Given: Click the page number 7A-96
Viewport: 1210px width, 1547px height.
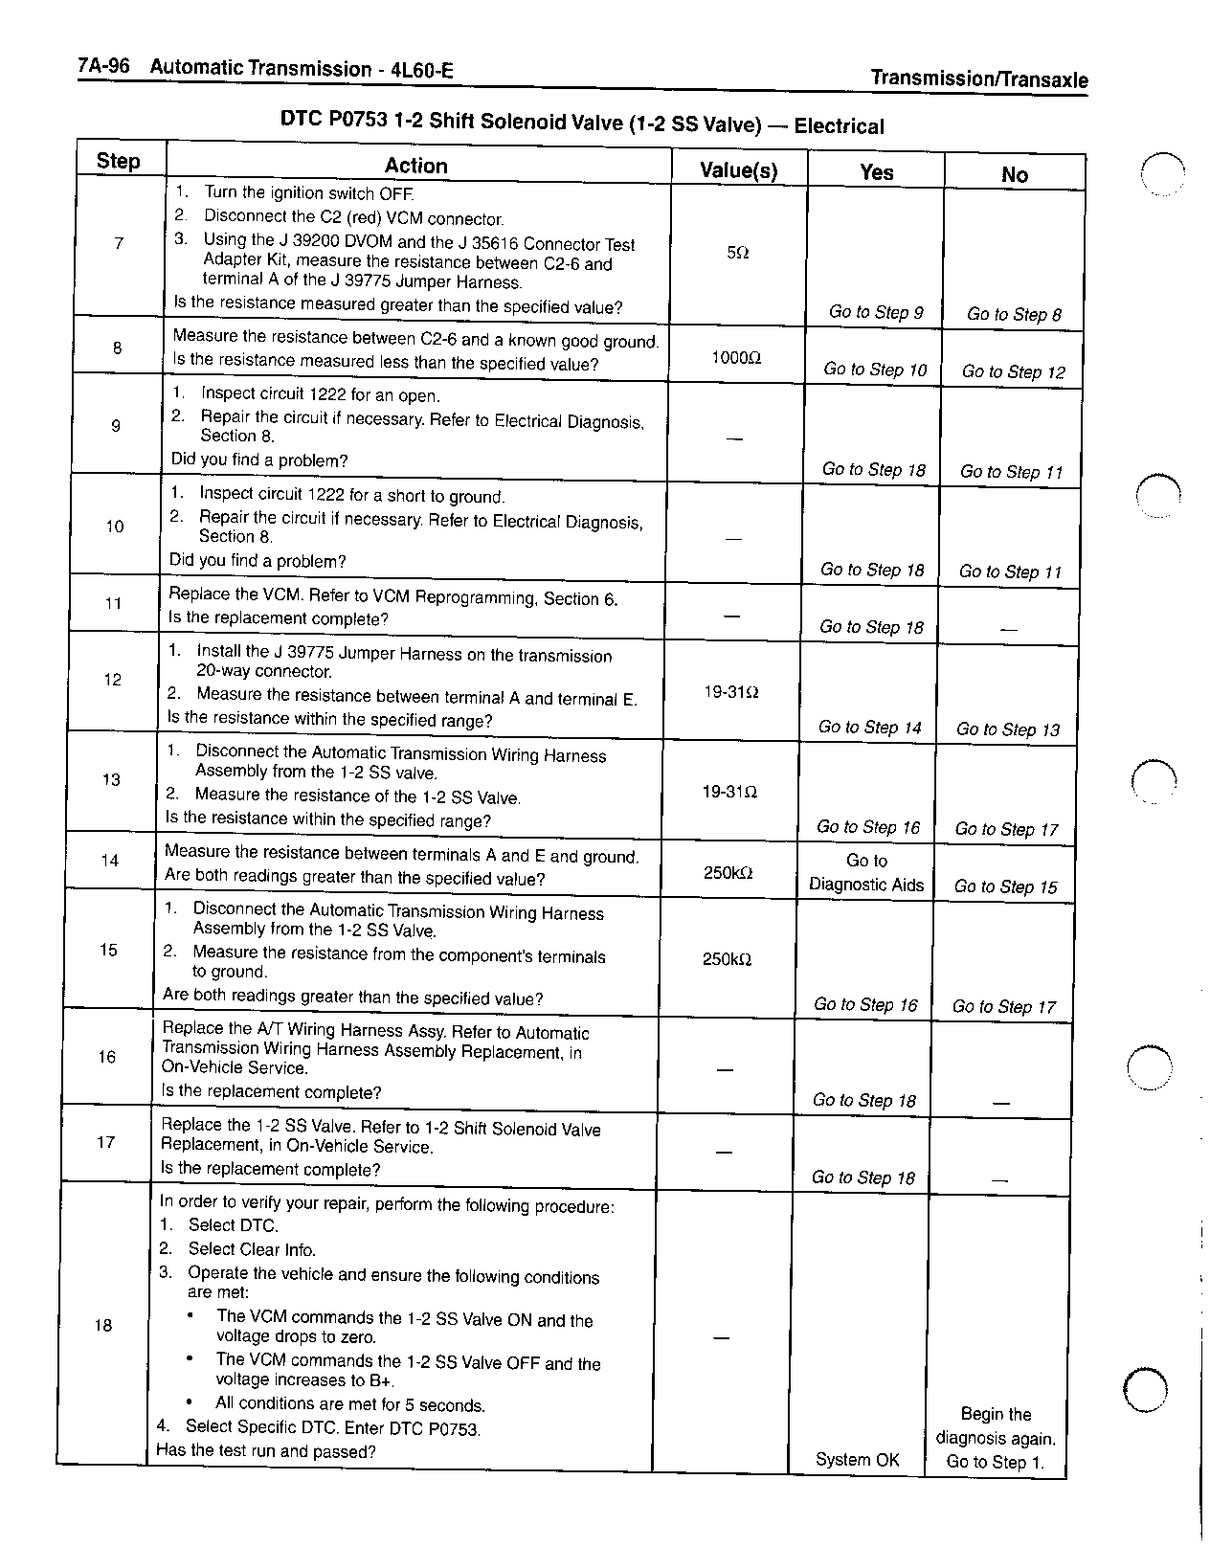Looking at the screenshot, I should coord(104,66).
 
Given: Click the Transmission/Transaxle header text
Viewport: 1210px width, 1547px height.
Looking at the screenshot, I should coord(978,79).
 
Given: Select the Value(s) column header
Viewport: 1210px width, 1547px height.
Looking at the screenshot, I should coord(738,171).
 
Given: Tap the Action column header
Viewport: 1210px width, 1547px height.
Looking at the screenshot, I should coord(415,166).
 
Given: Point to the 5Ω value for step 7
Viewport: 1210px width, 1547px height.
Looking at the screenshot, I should coord(737,253).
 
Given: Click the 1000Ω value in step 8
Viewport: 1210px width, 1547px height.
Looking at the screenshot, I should coord(735,357).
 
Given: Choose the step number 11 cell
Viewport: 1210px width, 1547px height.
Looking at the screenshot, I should coord(113,603).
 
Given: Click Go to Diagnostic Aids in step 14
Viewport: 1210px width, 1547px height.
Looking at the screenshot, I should coord(866,872).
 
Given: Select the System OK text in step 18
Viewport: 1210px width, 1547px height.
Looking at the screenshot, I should coord(857,1460).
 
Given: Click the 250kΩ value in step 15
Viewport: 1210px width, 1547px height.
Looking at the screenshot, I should coord(727,959).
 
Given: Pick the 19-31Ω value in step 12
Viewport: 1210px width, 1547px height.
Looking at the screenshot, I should coord(731,691).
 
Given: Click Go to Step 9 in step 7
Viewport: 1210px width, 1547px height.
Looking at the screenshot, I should coord(876,312).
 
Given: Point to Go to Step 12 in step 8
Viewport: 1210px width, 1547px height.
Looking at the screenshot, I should coord(1013,372).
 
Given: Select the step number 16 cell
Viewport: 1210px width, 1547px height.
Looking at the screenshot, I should coord(106,1057).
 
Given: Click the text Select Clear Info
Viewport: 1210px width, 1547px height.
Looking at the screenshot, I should coord(251,1249).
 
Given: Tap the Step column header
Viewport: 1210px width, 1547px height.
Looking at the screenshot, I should coord(119,161).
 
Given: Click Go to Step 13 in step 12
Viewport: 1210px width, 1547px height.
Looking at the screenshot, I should coord(1008,729).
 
